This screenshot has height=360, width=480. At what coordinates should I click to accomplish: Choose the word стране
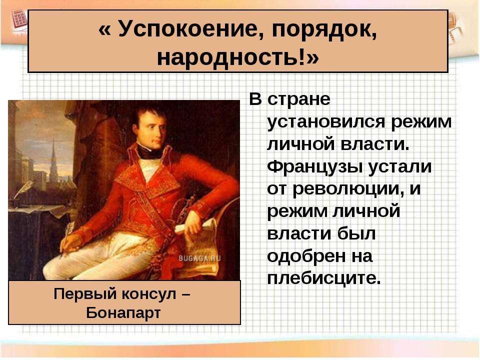[299, 100]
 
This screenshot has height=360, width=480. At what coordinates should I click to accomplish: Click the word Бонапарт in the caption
[123, 313]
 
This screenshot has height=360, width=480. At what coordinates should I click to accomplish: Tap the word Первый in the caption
[85, 294]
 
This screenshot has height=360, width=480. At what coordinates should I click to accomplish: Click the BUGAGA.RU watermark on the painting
[199, 258]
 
